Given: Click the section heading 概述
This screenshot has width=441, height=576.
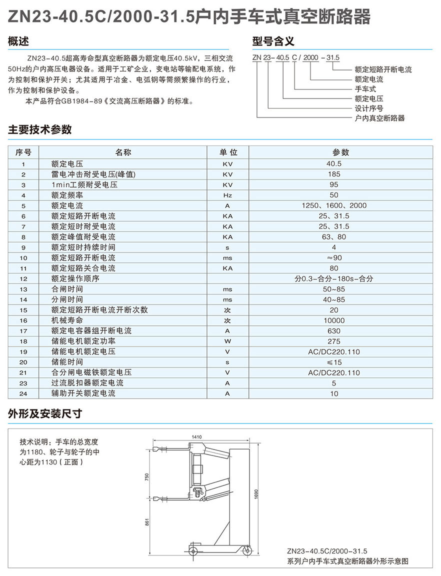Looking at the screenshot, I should pos(19,41).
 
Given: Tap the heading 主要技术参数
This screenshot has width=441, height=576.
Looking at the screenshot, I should pos(40,130).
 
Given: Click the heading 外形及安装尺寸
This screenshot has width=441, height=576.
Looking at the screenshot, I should pos(45,414).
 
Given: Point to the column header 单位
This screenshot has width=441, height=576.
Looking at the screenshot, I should pos(227,152).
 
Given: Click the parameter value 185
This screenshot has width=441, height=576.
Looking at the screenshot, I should pos(334,174).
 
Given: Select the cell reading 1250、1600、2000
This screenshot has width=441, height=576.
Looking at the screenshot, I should pos(334,205).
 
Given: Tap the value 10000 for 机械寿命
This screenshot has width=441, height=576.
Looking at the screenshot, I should pos(334,320).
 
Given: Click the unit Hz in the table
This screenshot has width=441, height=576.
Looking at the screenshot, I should pos(227,195).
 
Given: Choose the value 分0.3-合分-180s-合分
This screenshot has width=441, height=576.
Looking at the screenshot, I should pos(334,278).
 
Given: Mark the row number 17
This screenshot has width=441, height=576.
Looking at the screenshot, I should pos(23,331).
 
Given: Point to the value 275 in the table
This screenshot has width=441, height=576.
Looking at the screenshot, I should pos(334,341).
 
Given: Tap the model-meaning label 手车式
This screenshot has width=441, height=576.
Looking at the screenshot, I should pos(365,89).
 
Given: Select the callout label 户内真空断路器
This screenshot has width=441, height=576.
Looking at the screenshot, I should pos(379,118).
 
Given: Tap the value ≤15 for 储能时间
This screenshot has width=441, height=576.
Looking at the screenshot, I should pos(334,362).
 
